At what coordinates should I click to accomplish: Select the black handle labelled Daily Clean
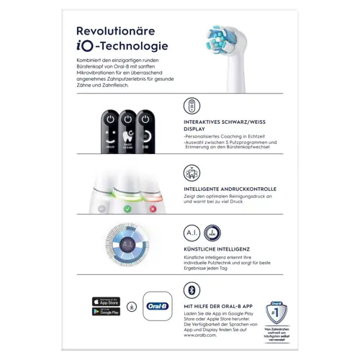(x=128, y=129)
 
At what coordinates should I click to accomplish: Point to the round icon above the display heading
(x=192, y=107)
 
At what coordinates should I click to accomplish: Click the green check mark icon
(x=127, y=209)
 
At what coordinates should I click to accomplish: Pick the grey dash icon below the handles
(x=102, y=209)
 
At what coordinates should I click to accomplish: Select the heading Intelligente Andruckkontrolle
(x=230, y=189)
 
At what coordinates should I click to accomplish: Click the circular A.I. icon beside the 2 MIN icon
(x=192, y=233)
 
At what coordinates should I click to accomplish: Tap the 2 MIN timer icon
(x=212, y=233)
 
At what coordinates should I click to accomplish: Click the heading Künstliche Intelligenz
(x=218, y=248)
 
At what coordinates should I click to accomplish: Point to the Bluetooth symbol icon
(x=192, y=290)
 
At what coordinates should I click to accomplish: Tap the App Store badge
(x=106, y=300)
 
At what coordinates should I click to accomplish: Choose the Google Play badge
(x=106, y=312)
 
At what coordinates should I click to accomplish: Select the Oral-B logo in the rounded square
(x=158, y=306)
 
